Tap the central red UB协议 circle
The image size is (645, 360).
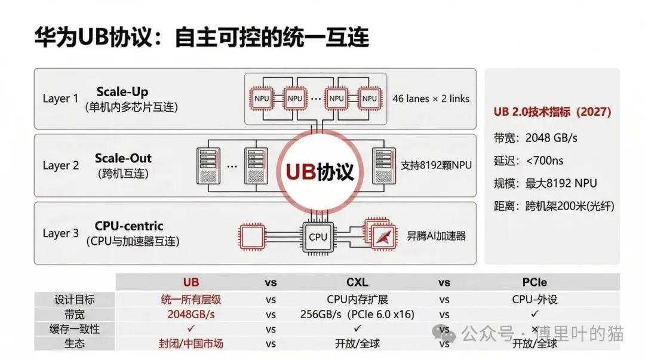pos(320,171)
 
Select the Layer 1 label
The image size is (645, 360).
pos(60,99)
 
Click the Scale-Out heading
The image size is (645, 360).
pos(123,158)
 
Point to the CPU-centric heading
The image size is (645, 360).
pos(128,226)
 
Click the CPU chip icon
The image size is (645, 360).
pos(318,237)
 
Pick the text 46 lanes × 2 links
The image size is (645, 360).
pos(431,99)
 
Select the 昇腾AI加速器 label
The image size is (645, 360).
pos(436,236)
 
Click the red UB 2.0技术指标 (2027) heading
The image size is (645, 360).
pos(552,112)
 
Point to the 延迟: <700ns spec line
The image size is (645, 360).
pos(529,161)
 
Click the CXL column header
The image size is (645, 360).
pos(357,282)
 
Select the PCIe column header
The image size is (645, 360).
pos(535,282)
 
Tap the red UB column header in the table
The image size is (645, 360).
pos(191,282)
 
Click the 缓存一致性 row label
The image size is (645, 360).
pos(75,329)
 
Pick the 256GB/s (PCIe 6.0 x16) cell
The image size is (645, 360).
pos(357,314)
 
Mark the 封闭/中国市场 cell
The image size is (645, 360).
pos(191,344)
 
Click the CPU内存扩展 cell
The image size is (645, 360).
pos(357,299)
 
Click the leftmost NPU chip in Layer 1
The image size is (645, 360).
pos(262,98)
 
